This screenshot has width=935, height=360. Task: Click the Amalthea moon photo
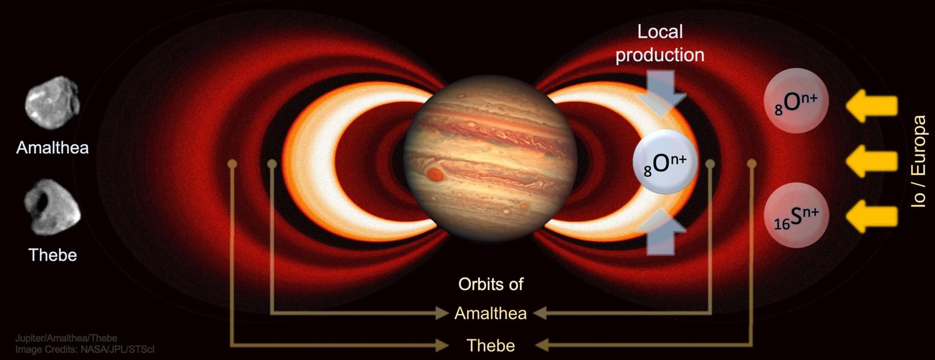pos(52,103)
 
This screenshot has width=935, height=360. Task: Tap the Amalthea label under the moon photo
pos(53,148)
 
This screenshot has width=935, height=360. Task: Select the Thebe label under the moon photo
pos(53,255)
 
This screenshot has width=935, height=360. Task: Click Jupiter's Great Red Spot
pos(435,175)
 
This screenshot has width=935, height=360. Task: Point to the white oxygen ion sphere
pos(665,162)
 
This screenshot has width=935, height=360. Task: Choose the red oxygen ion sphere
pos(796,101)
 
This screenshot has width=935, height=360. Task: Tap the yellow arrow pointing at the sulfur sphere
pos(871,216)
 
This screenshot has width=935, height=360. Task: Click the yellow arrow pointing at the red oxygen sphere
pos(871,106)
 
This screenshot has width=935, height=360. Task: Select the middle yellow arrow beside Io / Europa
pos(871,161)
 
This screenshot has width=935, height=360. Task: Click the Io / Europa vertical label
pos(918,161)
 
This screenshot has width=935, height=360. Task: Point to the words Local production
pos(660,43)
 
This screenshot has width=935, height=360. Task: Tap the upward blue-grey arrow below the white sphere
pos(661,232)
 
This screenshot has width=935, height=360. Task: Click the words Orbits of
pos(491,285)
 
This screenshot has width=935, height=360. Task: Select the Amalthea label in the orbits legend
pos(491,313)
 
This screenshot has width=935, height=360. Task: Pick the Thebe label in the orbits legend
pos(491,346)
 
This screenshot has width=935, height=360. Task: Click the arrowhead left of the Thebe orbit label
pos(442,345)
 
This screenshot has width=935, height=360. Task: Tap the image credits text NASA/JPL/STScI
pos(120,349)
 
